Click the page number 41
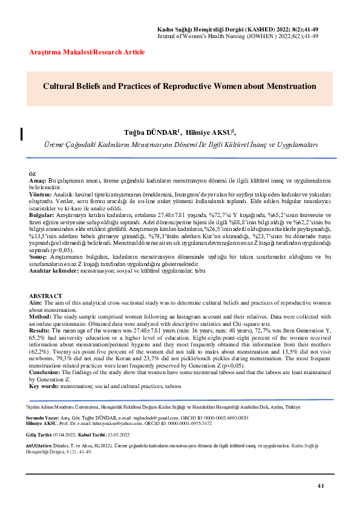(321, 486)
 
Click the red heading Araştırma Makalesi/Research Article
(87, 53)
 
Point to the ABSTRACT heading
(46, 294)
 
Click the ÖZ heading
(33, 173)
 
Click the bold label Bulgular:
(42, 215)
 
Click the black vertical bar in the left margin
(22, 134)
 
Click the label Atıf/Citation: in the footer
(40, 444)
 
